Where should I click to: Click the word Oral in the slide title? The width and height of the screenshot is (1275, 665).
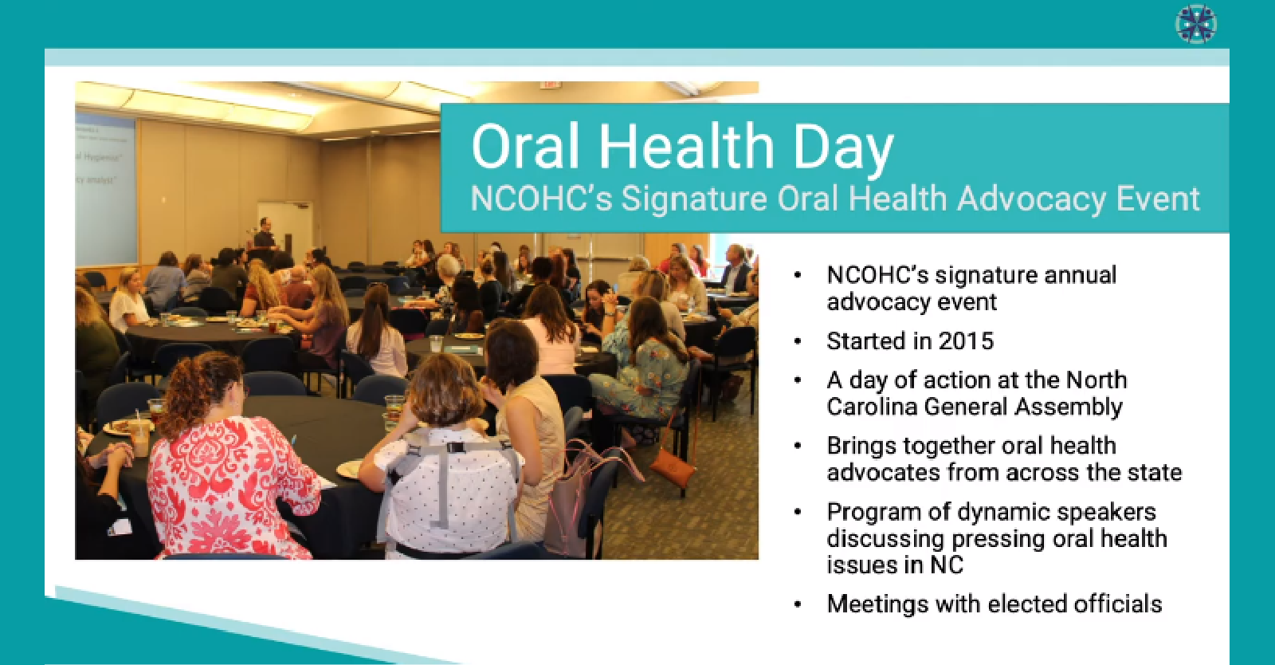(x=525, y=147)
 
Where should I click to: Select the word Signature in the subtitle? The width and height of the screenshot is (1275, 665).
(x=693, y=199)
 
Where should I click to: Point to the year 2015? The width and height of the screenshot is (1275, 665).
(x=966, y=341)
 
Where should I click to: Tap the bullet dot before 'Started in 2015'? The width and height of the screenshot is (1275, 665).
(x=798, y=342)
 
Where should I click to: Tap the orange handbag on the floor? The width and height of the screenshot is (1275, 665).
(x=673, y=470)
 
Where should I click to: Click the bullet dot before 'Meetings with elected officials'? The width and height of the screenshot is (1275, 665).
(x=798, y=605)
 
